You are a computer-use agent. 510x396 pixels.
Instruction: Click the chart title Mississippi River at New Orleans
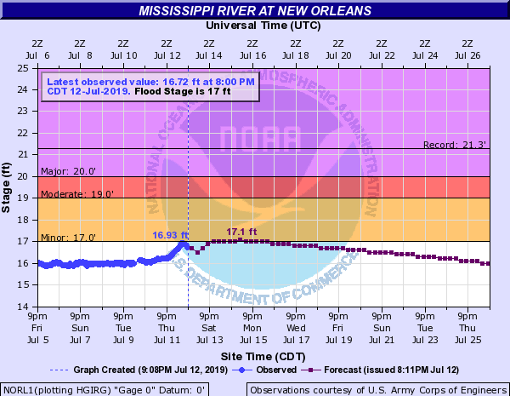(x=255, y=11)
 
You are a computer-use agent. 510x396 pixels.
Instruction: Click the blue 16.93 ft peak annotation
(x=170, y=235)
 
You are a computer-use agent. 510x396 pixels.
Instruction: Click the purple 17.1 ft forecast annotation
(x=241, y=231)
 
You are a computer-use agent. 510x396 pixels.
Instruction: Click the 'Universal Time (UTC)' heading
(x=255, y=26)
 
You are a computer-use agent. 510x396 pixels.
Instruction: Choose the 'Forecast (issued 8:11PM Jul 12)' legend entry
(x=391, y=370)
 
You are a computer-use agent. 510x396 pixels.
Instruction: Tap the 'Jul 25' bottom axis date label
(x=467, y=338)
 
